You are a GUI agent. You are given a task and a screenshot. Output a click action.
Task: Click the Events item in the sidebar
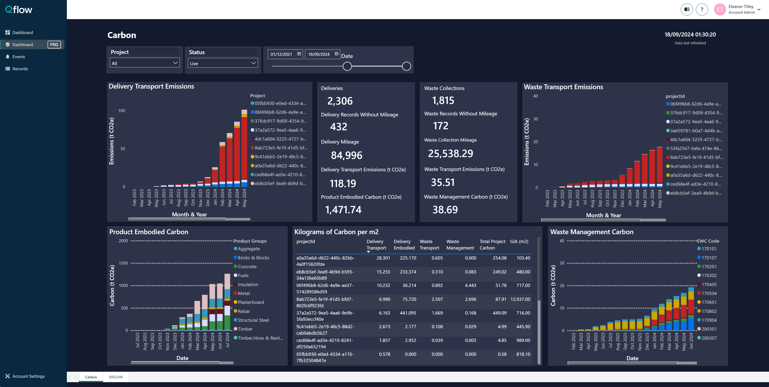(19, 57)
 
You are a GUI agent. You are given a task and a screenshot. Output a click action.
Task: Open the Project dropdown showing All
(145, 63)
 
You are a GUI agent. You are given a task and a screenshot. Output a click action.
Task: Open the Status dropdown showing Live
(223, 63)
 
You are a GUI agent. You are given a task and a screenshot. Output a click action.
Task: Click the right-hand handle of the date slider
(406, 66)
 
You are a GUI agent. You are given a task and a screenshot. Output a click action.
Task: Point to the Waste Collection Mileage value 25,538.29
(450, 153)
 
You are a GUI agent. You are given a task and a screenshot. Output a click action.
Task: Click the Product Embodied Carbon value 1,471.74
(343, 210)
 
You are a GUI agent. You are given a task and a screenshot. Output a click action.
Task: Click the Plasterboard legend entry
(250, 302)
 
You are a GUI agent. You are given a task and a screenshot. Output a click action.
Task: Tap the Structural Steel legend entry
(253, 320)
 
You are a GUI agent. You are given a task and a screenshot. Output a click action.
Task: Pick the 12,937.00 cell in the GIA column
(520, 299)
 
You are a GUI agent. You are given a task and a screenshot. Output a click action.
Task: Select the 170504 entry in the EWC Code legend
(709, 293)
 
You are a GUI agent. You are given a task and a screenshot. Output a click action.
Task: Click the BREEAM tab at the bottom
(116, 377)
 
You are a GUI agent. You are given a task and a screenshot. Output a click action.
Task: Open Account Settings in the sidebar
(28, 376)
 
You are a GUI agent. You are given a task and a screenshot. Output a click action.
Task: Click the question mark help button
(702, 9)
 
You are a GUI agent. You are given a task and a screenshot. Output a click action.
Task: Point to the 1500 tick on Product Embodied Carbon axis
(123, 263)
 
